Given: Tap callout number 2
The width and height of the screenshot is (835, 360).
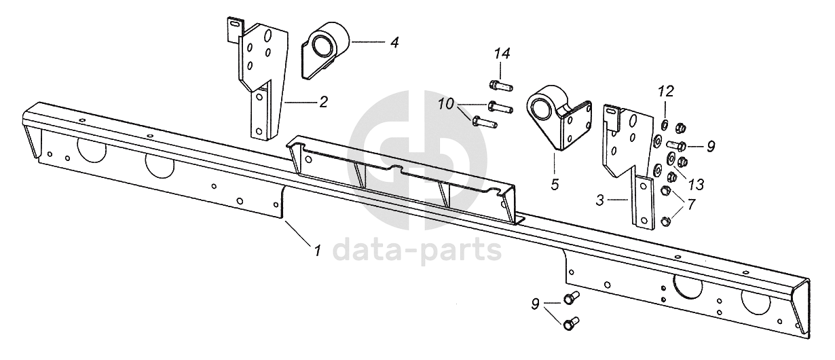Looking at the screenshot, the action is tap(324, 103).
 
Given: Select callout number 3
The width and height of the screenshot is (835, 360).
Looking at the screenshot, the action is tap(599, 200).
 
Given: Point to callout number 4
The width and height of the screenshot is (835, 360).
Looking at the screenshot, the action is tap(394, 42).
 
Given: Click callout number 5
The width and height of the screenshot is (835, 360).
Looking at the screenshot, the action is tap(555, 184).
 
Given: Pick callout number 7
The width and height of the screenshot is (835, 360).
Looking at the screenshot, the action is tap(691, 203).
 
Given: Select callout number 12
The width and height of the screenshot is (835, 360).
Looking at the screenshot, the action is tap(666, 91).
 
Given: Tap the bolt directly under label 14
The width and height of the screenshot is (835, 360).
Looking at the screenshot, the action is tap(500, 85).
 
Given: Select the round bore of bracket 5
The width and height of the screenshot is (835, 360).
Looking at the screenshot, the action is tap(541, 109).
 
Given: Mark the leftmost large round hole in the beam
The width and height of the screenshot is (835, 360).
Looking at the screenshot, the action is tap(91, 149).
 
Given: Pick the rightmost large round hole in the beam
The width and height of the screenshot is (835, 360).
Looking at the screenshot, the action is tap(756, 300).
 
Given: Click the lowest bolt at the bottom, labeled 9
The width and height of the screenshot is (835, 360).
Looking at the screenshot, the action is tap(572, 322).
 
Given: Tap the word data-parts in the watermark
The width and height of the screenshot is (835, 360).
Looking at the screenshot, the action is tap(417, 250).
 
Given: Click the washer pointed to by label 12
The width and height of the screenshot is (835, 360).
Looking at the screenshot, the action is tap(665, 124).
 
